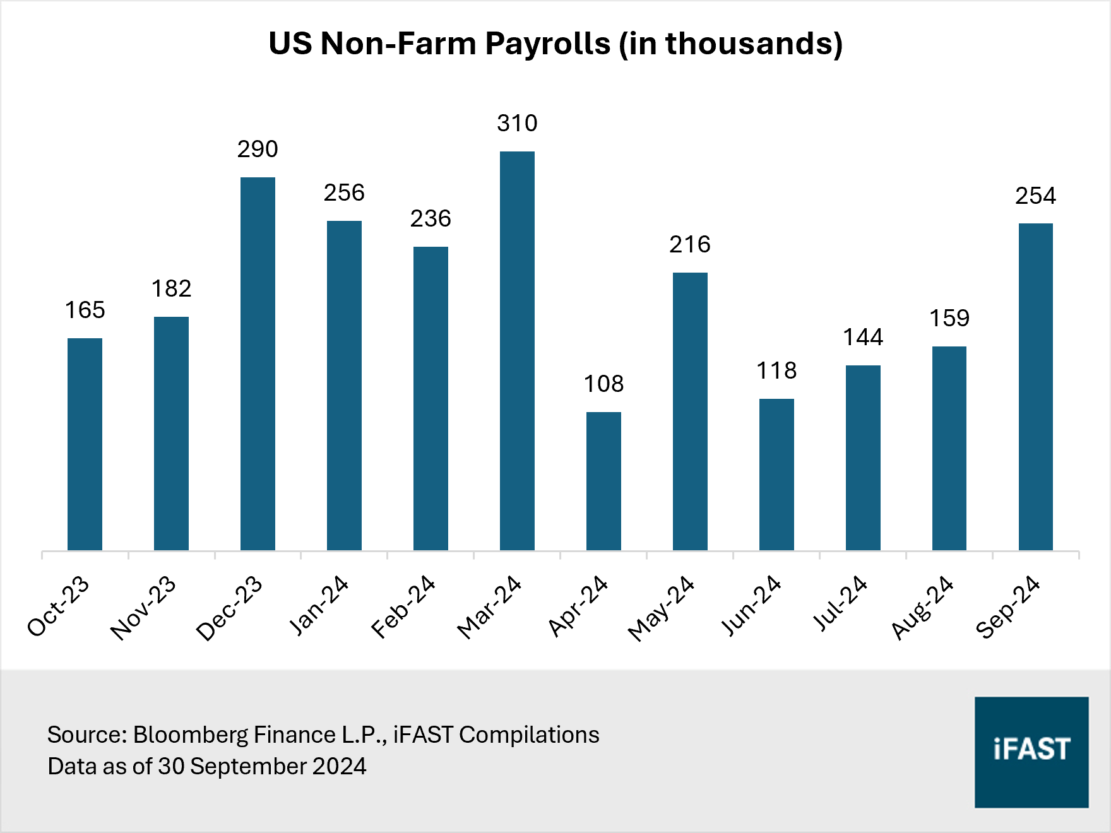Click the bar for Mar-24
tap(517, 351)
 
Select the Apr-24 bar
tap(603, 481)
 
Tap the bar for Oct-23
tap(85, 444)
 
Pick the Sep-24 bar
tap(1035, 387)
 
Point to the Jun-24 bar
tap(776, 475)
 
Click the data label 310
tap(517, 123)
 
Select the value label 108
tap(603, 384)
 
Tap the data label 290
tap(258, 150)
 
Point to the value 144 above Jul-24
tap(863, 337)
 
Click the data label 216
tap(690, 244)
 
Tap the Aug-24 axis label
tap(922, 608)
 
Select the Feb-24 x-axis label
tap(403, 607)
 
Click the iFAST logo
tap(1031, 752)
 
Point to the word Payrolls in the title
tap(548, 44)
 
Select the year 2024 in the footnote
tap(339, 767)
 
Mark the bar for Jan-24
tap(344, 386)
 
